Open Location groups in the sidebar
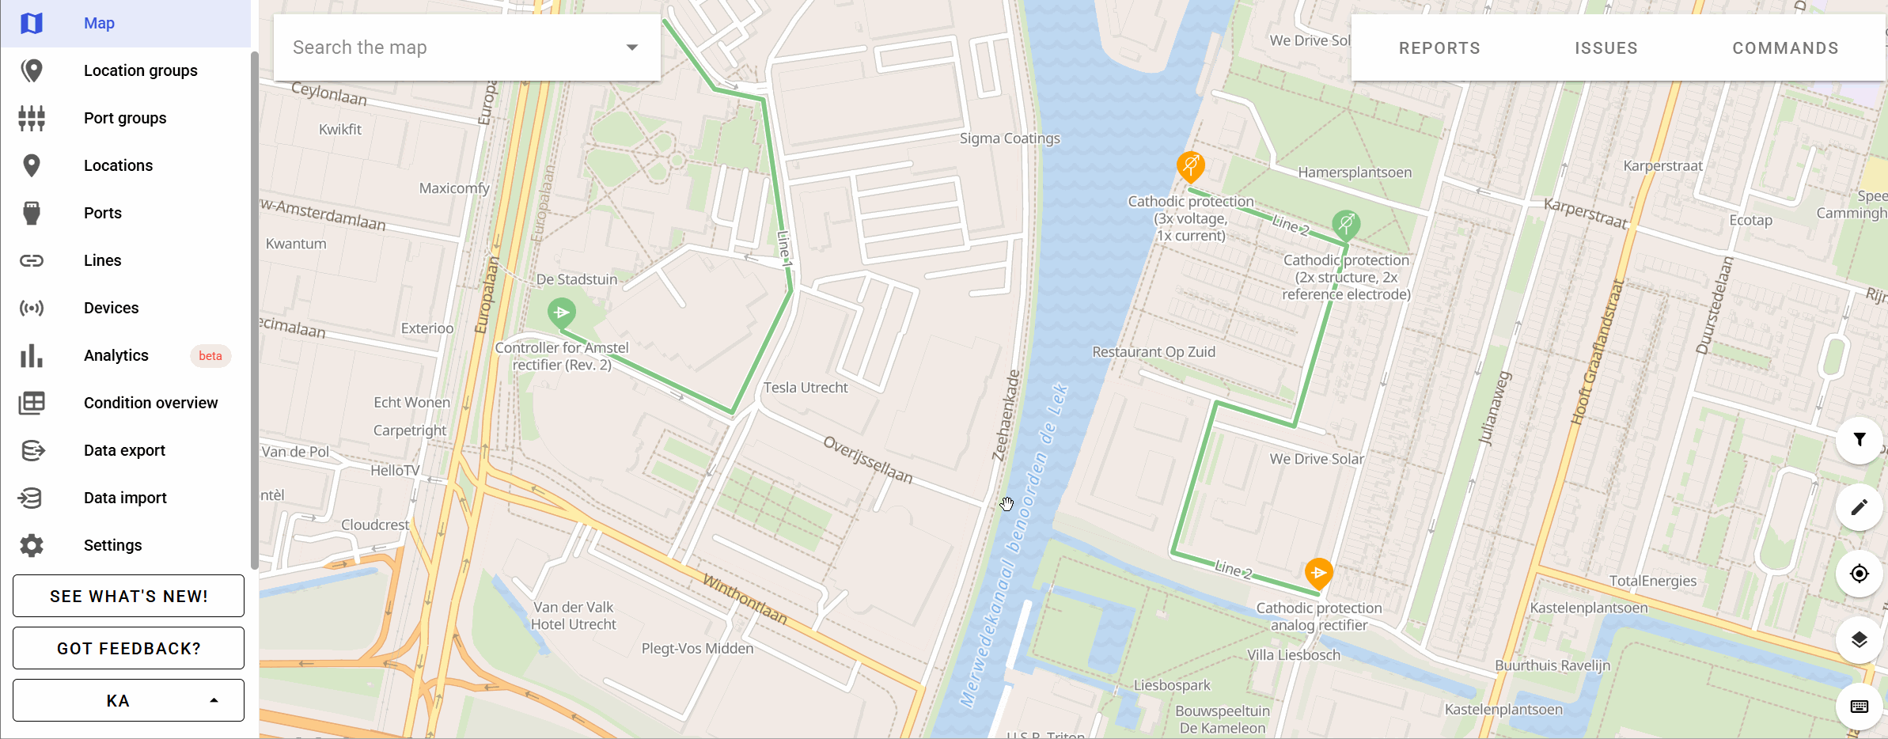140,70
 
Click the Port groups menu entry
125,118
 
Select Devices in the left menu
111,308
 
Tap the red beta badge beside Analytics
210,356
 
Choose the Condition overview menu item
150,403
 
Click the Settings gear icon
32,545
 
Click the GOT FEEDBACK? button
128,648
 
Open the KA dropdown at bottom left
128,700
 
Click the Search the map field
451,47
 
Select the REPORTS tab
1439,48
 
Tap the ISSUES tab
1606,48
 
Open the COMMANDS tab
1785,48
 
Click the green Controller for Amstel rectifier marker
562,313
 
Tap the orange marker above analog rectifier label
1318,573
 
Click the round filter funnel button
1859,440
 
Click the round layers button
1859,640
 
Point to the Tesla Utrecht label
805,388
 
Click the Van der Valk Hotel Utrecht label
573,616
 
